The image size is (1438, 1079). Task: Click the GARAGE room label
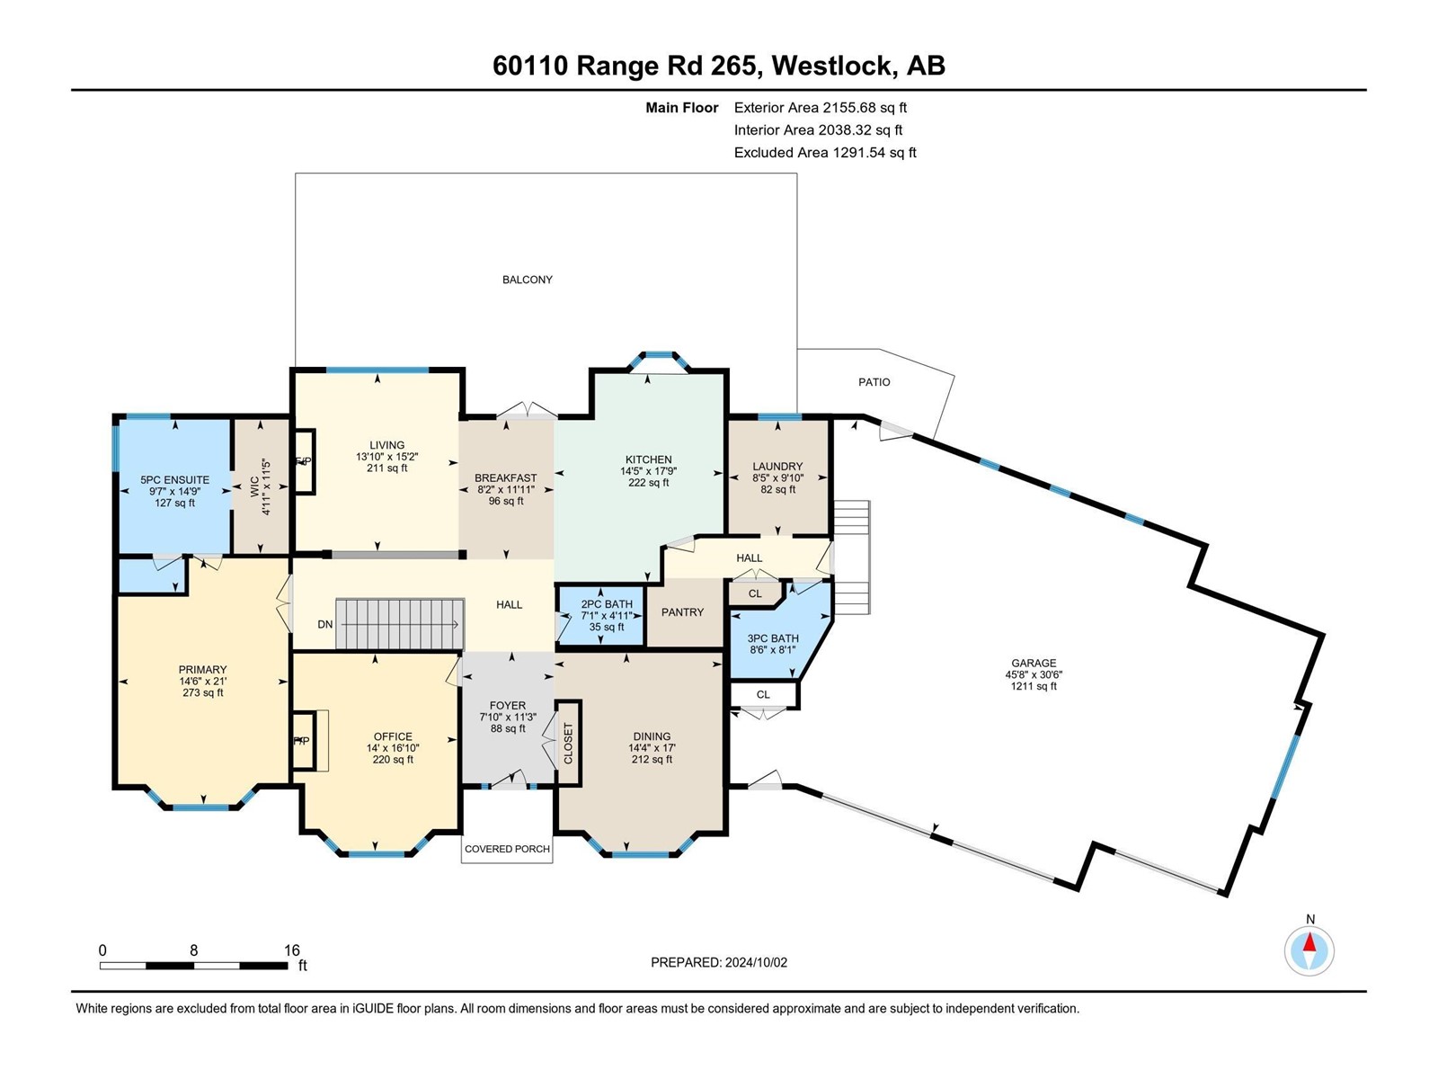coord(1033,663)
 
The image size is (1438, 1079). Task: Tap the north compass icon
coord(1309,950)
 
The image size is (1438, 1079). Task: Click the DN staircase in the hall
coord(399,623)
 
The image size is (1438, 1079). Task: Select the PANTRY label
coord(682,612)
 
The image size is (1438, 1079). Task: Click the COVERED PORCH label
coord(507,849)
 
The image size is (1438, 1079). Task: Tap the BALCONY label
coord(528,280)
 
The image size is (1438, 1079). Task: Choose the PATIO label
coord(874,382)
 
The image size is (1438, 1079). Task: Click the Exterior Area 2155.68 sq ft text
coord(820,108)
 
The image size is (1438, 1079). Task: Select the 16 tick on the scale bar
coord(291,950)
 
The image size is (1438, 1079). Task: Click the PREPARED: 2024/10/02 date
coord(719,962)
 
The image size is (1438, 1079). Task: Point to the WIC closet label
coord(254,486)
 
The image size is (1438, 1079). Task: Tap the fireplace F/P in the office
coord(302,741)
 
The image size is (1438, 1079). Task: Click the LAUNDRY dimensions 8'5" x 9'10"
coord(777,478)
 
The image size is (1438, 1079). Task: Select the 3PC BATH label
coord(772,638)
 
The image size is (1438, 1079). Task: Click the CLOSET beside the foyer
coord(568,744)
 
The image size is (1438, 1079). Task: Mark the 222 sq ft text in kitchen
coord(648,483)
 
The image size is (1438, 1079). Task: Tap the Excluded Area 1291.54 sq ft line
coord(824,153)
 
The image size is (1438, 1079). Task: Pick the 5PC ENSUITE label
coord(174,480)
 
